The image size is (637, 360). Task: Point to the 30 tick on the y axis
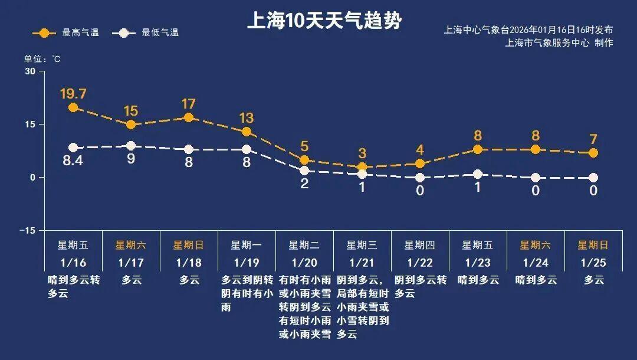tap(30, 71)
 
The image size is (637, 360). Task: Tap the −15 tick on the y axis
tap(27, 230)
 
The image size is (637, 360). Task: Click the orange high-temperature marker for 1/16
tap(73, 107)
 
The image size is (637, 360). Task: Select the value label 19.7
tap(73, 94)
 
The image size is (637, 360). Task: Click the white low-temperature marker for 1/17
tap(131, 146)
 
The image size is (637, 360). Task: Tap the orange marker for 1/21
tap(362, 167)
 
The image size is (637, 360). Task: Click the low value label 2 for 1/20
tap(304, 183)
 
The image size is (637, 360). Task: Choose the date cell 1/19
tap(247, 261)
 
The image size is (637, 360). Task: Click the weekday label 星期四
tap(420, 245)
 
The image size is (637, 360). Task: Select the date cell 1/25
tap(593, 261)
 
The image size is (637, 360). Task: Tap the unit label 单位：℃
tap(42, 59)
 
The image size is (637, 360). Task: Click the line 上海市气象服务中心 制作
tap(559, 43)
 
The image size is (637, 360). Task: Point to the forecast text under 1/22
tap(420, 286)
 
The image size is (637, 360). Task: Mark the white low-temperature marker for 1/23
tap(478, 174)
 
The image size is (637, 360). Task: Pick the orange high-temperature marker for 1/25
tap(593, 153)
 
